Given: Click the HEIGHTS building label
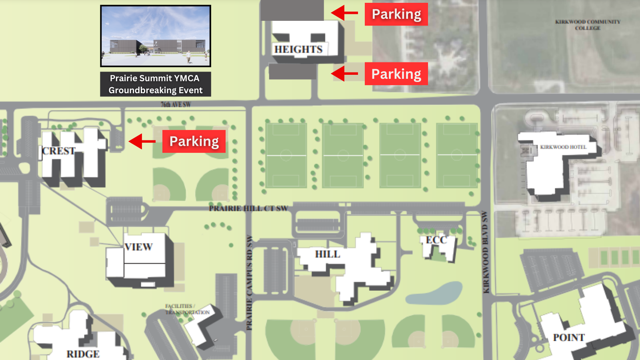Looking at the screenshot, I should click(298, 49).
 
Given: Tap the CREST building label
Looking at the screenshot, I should click(59, 151).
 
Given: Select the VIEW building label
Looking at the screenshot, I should click(138, 247).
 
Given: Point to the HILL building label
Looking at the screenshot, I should click(327, 254).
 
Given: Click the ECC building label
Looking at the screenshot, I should click(436, 240).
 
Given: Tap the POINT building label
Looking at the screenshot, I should click(568, 338).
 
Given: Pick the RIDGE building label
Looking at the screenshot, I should click(83, 354).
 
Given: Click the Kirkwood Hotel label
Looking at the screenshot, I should click(563, 147).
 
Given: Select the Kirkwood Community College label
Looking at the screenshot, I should click(588, 25).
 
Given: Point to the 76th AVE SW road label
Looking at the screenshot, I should click(176, 104).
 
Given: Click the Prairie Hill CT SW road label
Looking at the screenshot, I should click(248, 208).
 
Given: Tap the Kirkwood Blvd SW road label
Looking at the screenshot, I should click(486, 252).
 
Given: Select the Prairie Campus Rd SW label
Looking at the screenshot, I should click(249, 282).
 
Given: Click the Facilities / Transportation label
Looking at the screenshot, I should click(187, 309).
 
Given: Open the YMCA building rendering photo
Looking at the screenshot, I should click(156, 36).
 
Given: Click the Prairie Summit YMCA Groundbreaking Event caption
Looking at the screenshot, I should click(156, 84).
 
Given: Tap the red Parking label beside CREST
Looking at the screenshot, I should click(194, 141).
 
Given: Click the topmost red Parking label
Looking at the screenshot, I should click(396, 14).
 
